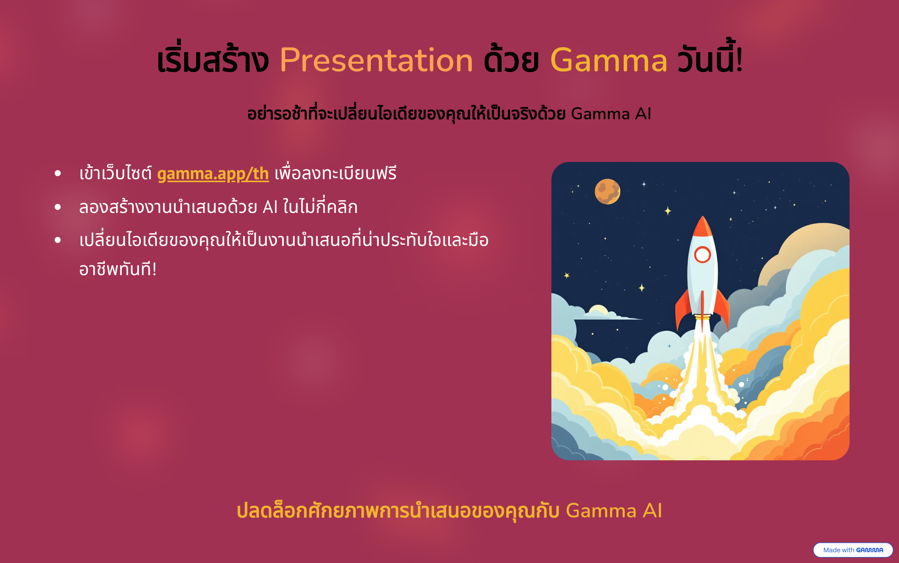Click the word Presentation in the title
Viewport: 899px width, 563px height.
(x=376, y=60)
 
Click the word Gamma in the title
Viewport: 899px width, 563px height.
(x=609, y=60)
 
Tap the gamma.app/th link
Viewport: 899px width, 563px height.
(x=213, y=174)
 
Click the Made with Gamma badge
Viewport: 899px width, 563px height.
(x=853, y=550)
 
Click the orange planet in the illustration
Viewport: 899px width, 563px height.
(x=607, y=192)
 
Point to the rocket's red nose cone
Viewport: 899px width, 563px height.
(x=702, y=226)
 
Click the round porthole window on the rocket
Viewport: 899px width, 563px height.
(x=702, y=255)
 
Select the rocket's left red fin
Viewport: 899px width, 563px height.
(x=682, y=309)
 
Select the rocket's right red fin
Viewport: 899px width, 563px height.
(x=722, y=309)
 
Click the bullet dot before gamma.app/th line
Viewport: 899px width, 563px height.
(x=58, y=173)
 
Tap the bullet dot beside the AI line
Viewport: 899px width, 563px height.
(x=58, y=207)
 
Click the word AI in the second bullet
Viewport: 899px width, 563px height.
(x=270, y=207)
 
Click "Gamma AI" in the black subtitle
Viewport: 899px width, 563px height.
(x=611, y=114)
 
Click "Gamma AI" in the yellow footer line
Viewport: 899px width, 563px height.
(x=614, y=511)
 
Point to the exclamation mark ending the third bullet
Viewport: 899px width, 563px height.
(x=154, y=269)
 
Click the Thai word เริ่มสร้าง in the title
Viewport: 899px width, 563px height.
(x=213, y=58)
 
